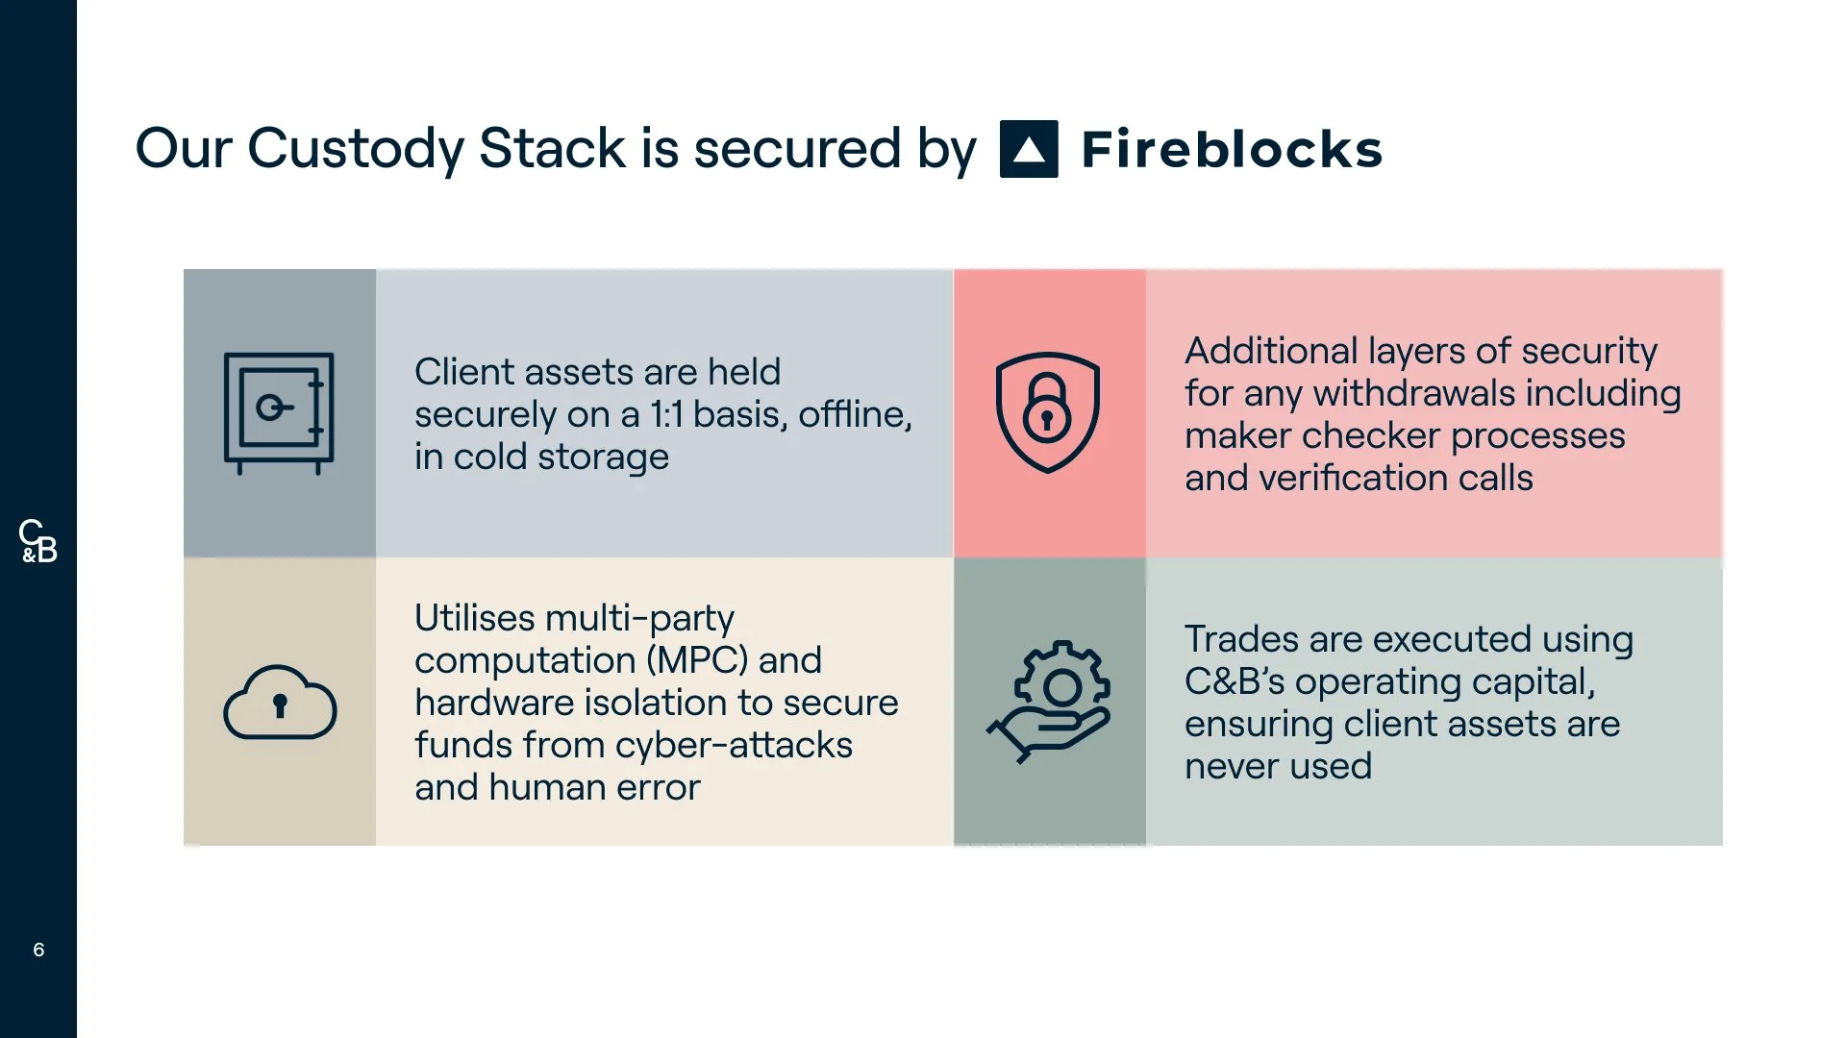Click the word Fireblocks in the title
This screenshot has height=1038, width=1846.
pos(1232,149)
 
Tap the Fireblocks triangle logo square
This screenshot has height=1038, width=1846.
pos(1029,149)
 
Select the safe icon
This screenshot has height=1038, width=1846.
pos(279,413)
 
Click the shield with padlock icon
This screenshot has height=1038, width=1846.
pos(1047,412)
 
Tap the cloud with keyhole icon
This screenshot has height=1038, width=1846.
pos(280,702)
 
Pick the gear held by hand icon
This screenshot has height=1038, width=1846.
pos(1050,702)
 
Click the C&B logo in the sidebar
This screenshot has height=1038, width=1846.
pos(38,541)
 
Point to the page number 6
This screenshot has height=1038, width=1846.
pos(38,950)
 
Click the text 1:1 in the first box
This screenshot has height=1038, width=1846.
pos(666,414)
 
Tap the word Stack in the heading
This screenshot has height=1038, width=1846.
pos(553,149)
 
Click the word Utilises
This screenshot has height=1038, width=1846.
pos(475,618)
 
